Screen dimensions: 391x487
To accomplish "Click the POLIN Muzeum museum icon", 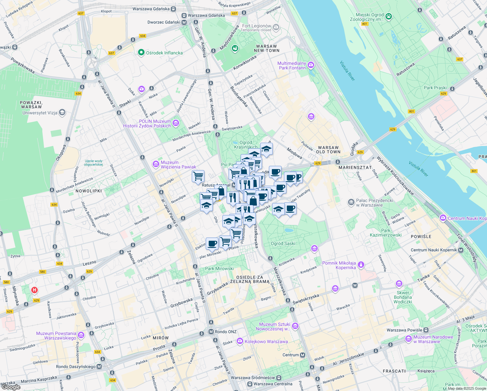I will coord(176,123).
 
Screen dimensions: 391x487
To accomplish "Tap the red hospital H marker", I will coord(34,290).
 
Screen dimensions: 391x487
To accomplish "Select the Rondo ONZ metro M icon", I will coord(211,332).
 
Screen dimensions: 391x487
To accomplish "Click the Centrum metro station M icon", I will coord(303,355).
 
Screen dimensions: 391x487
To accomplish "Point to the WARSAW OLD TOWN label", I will coord(328,150).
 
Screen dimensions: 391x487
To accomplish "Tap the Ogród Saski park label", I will coord(283,243).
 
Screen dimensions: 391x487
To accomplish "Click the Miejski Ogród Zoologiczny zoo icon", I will coord(389,16).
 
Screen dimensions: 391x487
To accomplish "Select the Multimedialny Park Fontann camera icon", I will coord(311,65).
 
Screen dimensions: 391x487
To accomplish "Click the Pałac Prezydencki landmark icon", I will coord(351,202).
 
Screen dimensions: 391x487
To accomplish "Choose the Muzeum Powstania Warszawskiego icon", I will coord(81,335).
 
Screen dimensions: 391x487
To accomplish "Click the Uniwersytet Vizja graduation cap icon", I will coord(62,113).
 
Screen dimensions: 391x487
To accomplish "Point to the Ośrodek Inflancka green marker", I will coord(141,52).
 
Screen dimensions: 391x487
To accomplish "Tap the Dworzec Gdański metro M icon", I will coord(184,22).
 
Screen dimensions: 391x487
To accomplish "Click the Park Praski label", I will coord(435,88).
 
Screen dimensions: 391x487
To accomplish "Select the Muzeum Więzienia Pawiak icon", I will coord(156,164).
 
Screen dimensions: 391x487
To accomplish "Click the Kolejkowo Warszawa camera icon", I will coord(240,341).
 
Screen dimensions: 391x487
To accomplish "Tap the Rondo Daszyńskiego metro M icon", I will coord(99,367).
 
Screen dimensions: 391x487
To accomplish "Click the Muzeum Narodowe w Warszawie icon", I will coord(408,339).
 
